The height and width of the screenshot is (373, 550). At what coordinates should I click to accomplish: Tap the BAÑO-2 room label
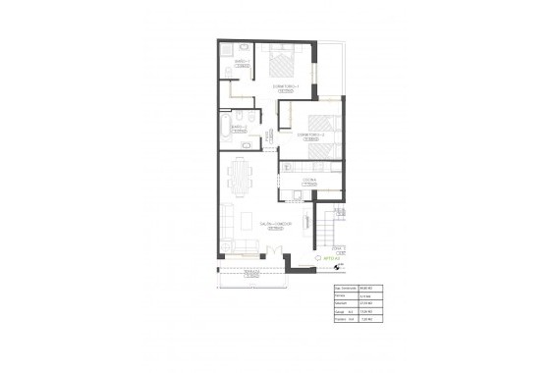[238, 127]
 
